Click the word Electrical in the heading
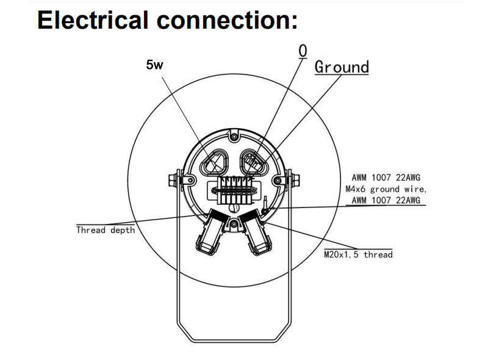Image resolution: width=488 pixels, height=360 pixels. [x=93, y=20]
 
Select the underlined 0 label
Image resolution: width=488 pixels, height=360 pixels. [x=301, y=51]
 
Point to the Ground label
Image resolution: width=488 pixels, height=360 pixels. [x=342, y=67]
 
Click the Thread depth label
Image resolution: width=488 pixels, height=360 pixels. [x=106, y=230]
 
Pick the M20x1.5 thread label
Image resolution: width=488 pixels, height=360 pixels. [x=358, y=254]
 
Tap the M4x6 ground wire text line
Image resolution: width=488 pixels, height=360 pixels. [x=382, y=189]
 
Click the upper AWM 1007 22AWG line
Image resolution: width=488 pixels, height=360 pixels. [x=386, y=178]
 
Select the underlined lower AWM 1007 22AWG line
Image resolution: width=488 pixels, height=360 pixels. [x=385, y=200]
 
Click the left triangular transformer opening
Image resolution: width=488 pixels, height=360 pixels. [x=215, y=163]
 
